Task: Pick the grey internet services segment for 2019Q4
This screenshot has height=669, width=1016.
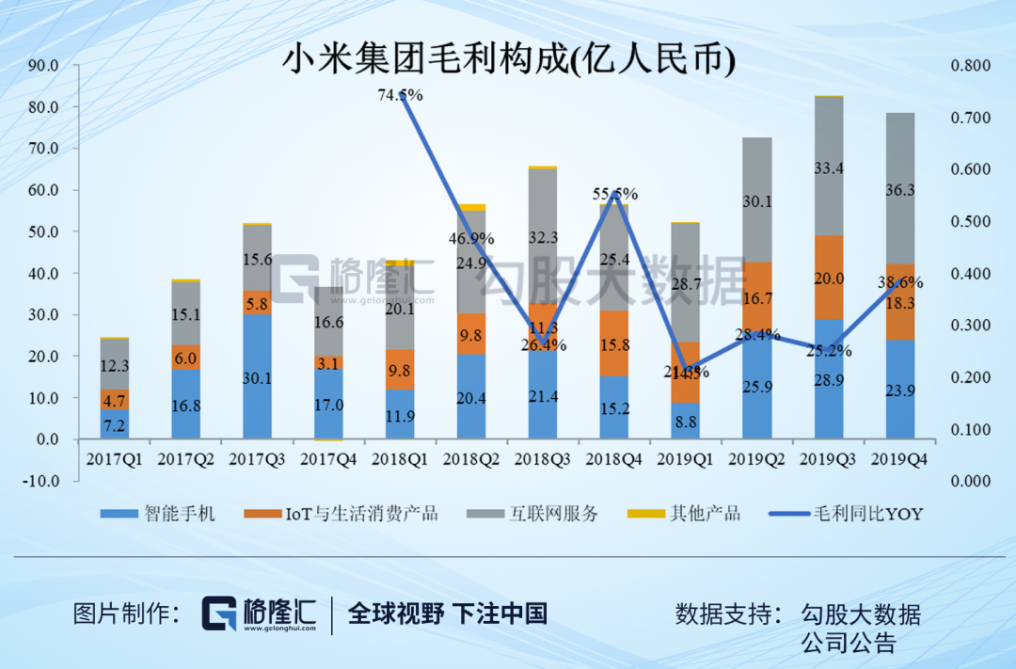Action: [899, 188]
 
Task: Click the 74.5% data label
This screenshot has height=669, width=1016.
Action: [400, 95]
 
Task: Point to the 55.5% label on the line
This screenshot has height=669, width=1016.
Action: [614, 194]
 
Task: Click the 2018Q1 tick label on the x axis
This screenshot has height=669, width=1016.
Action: [400, 459]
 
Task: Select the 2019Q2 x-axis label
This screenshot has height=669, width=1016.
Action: [756, 459]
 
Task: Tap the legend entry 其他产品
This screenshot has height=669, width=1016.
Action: [706, 514]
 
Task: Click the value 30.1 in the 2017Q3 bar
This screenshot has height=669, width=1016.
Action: [257, 378]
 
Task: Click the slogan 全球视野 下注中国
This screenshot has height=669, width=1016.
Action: [448, 614]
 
